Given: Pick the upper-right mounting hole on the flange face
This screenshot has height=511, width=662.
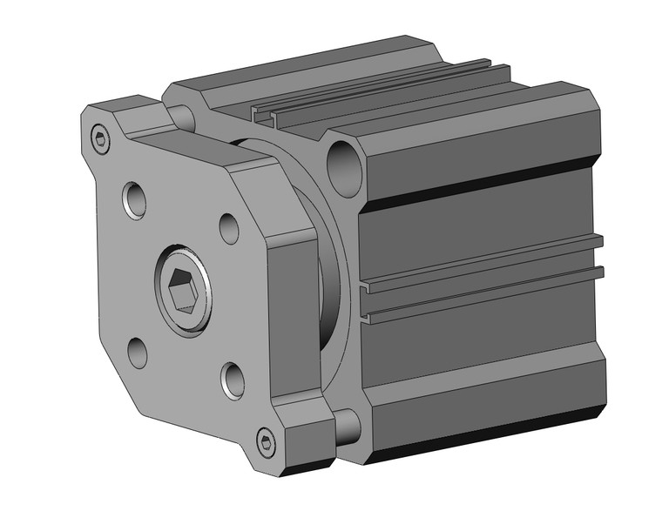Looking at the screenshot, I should (229, 228).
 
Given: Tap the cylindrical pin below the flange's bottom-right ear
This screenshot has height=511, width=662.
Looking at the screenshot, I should (346, 426).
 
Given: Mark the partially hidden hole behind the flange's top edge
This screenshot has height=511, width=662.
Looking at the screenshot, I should (180, 115).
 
